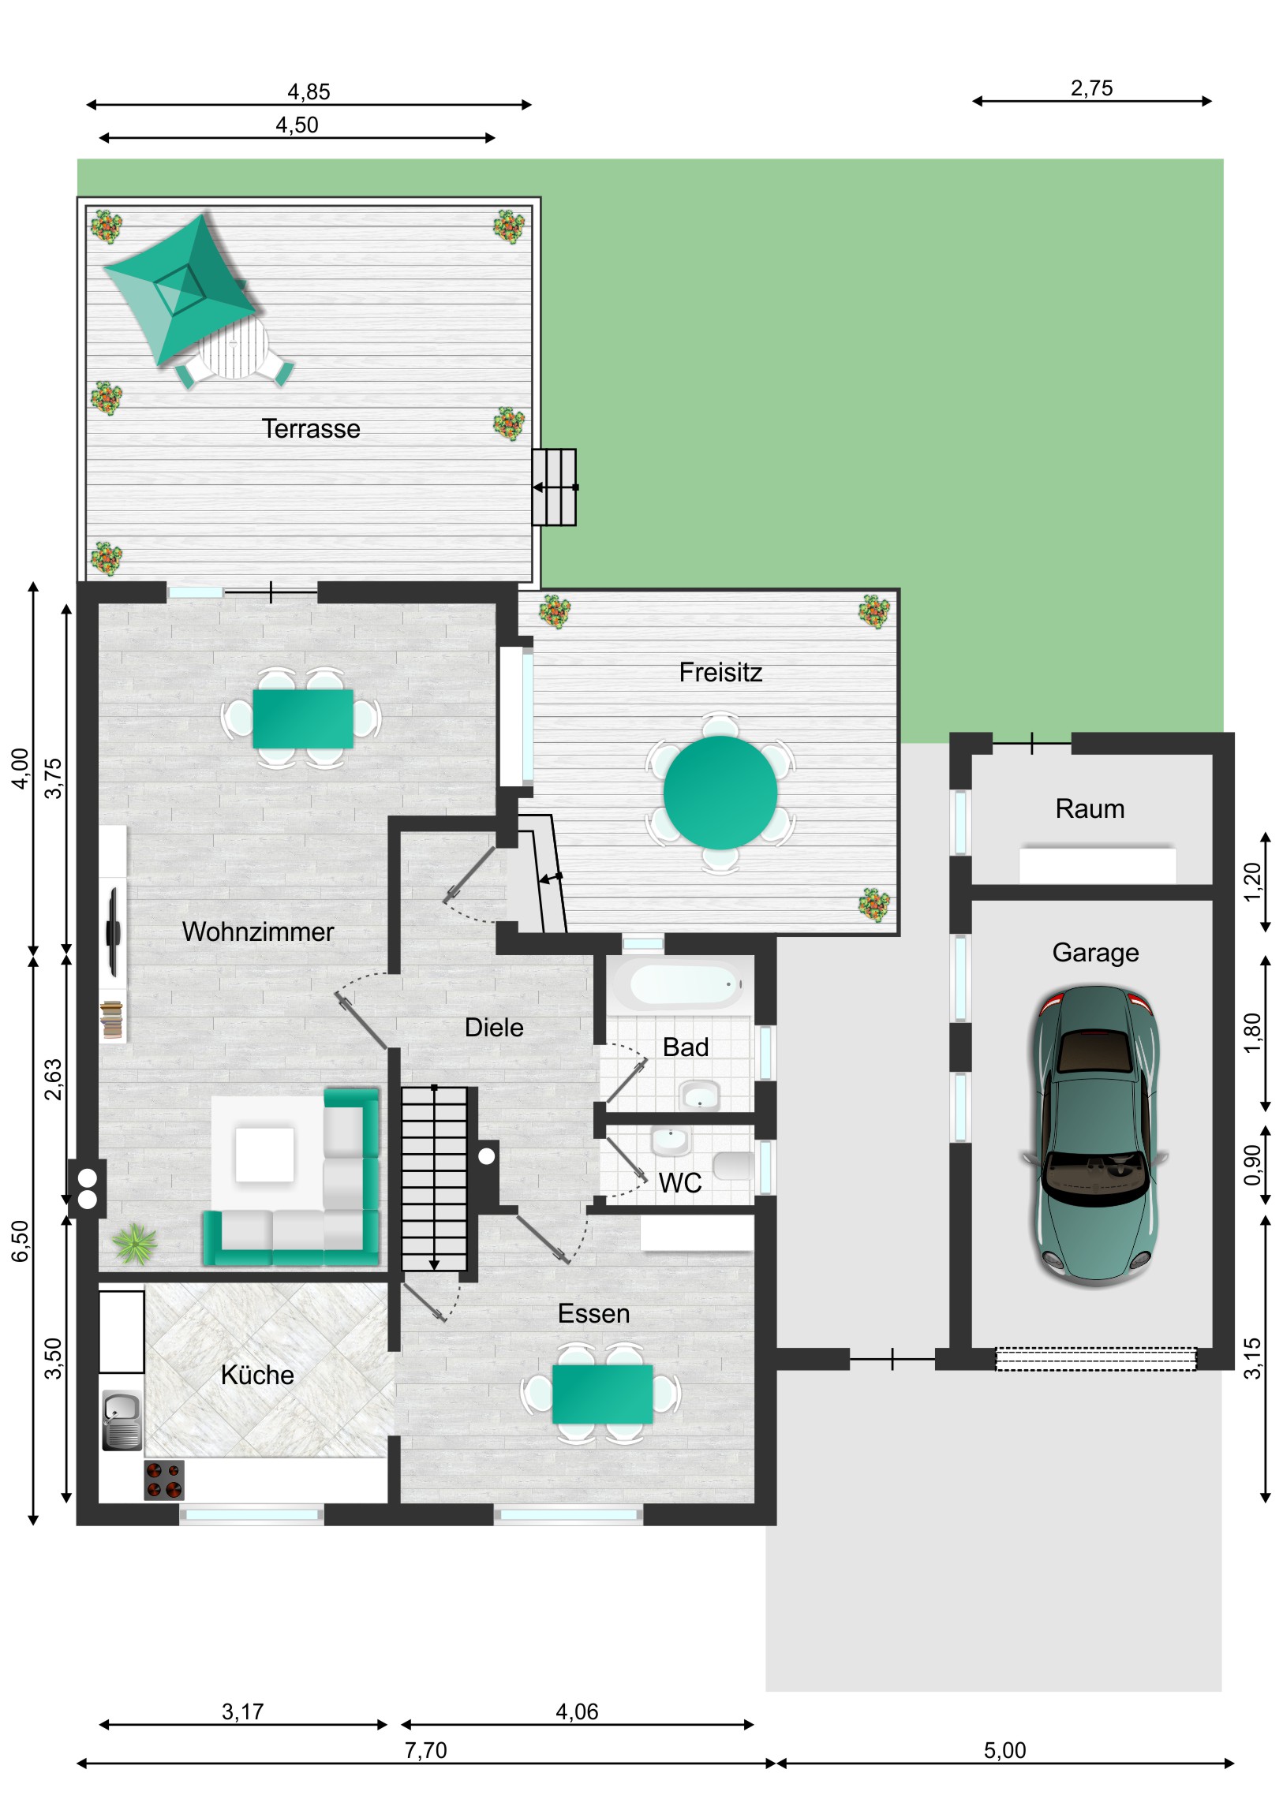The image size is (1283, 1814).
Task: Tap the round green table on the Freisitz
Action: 720,792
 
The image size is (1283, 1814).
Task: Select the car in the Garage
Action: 1095,1137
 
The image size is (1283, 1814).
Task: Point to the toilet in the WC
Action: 733,1166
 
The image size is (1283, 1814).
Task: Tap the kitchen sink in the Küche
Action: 122,1420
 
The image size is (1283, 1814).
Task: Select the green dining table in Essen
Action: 602,1394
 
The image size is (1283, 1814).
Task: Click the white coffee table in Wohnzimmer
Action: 265,1155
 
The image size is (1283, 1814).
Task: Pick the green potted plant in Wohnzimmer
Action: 135,1244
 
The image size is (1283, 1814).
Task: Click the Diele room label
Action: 494,1027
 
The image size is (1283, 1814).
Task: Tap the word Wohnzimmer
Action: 258,931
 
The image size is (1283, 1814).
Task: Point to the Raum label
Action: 1090,808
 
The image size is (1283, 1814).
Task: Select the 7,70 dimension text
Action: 425,1750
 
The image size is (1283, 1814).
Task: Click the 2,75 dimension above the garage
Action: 1091,88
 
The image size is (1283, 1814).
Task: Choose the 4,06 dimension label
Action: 577,1711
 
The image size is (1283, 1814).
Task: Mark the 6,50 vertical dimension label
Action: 20,1241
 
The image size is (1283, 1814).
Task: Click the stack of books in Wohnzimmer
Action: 111,1018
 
